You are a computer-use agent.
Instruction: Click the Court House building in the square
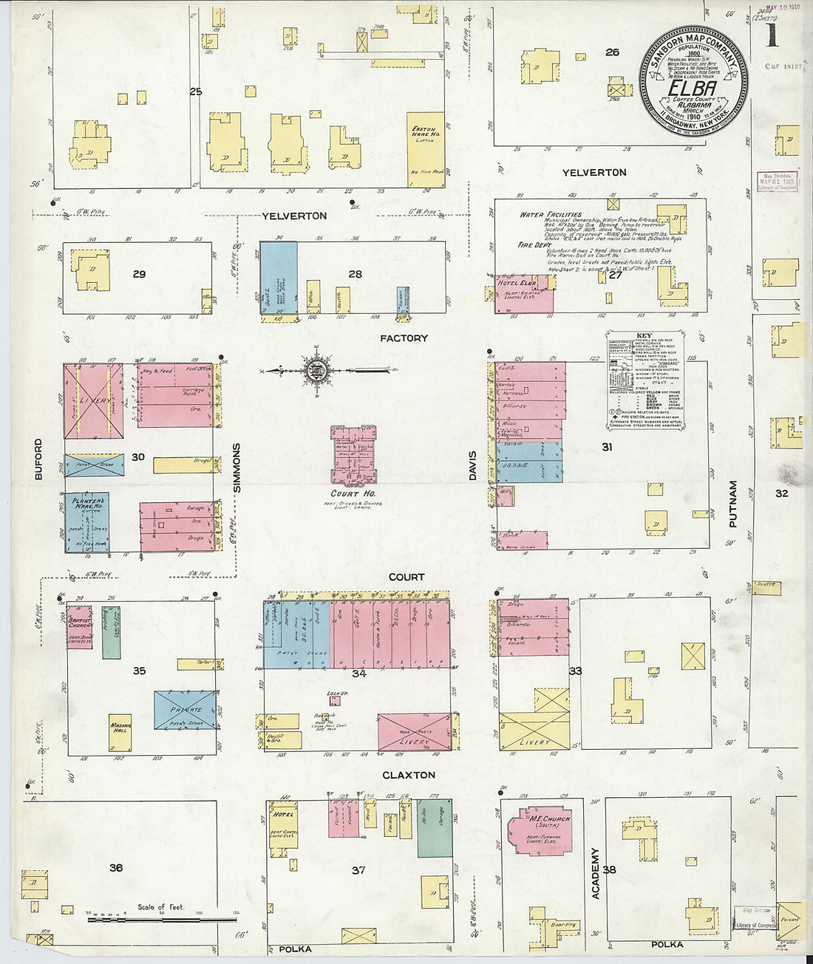click(x=353, y=454)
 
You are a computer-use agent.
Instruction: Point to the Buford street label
click(x=38, y=459)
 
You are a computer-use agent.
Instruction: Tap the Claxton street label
click(x=409, y=775)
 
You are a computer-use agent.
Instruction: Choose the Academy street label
click(x=595, y=872)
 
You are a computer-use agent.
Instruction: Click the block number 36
click(x=116, y=867)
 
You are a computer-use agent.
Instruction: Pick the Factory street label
click(x=404, y=338)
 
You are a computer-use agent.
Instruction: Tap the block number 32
click(x=781, y=493)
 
